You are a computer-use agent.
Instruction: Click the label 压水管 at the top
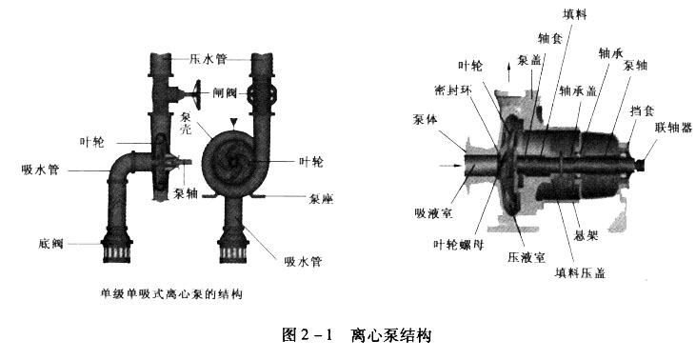pyautogui.click(x=207, y=58)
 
